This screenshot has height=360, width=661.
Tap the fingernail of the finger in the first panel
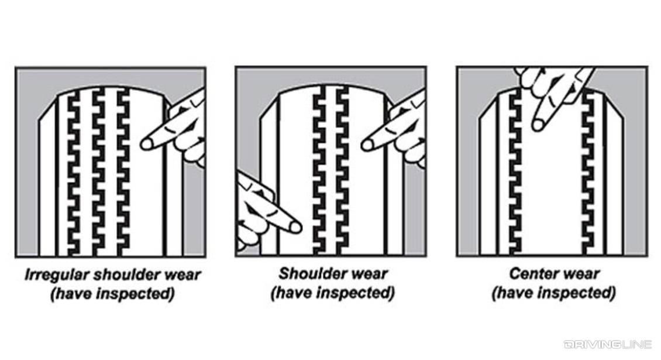click(146, 142)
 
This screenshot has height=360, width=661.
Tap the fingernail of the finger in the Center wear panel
click(538, 125)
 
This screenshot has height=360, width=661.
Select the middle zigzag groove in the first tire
click(99, 173)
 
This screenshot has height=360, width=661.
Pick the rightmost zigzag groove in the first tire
click(123, 173)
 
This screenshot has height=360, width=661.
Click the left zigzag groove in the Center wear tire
click(515, 176)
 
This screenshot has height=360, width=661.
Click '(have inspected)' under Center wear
click(553, 293)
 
